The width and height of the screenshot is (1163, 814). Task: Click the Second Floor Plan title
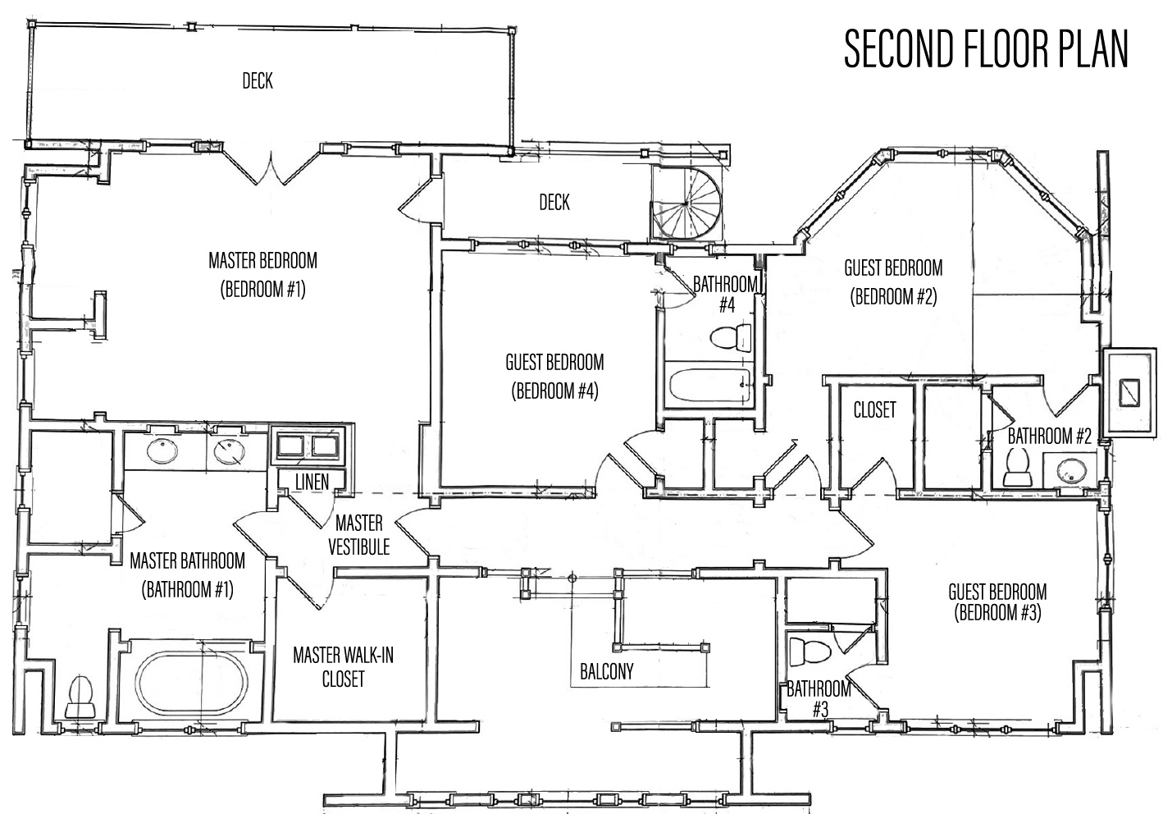[x=986, y=49]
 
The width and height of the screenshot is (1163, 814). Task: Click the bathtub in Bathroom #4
[x=709, y=385]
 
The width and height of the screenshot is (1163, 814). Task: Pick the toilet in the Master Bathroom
[x=80, y=697]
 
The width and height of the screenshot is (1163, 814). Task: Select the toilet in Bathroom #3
[x=810, y=652]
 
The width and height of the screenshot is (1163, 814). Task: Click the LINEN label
[x=312, y=482]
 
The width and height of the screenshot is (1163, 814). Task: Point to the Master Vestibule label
[x=358, y=534]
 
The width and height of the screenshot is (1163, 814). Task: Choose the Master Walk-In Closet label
[x=343, y=667]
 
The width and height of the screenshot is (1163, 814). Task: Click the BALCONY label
[x=606, y=672]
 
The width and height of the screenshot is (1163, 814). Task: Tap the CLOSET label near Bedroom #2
[x=875, y=409]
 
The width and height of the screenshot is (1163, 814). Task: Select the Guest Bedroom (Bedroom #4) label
[x=554, y=377]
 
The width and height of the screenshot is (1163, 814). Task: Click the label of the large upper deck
[x=258, y=80]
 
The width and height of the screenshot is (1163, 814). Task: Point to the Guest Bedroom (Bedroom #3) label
[x=997, y=602]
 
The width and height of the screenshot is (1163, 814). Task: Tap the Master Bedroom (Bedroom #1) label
[x=262, y=275]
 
